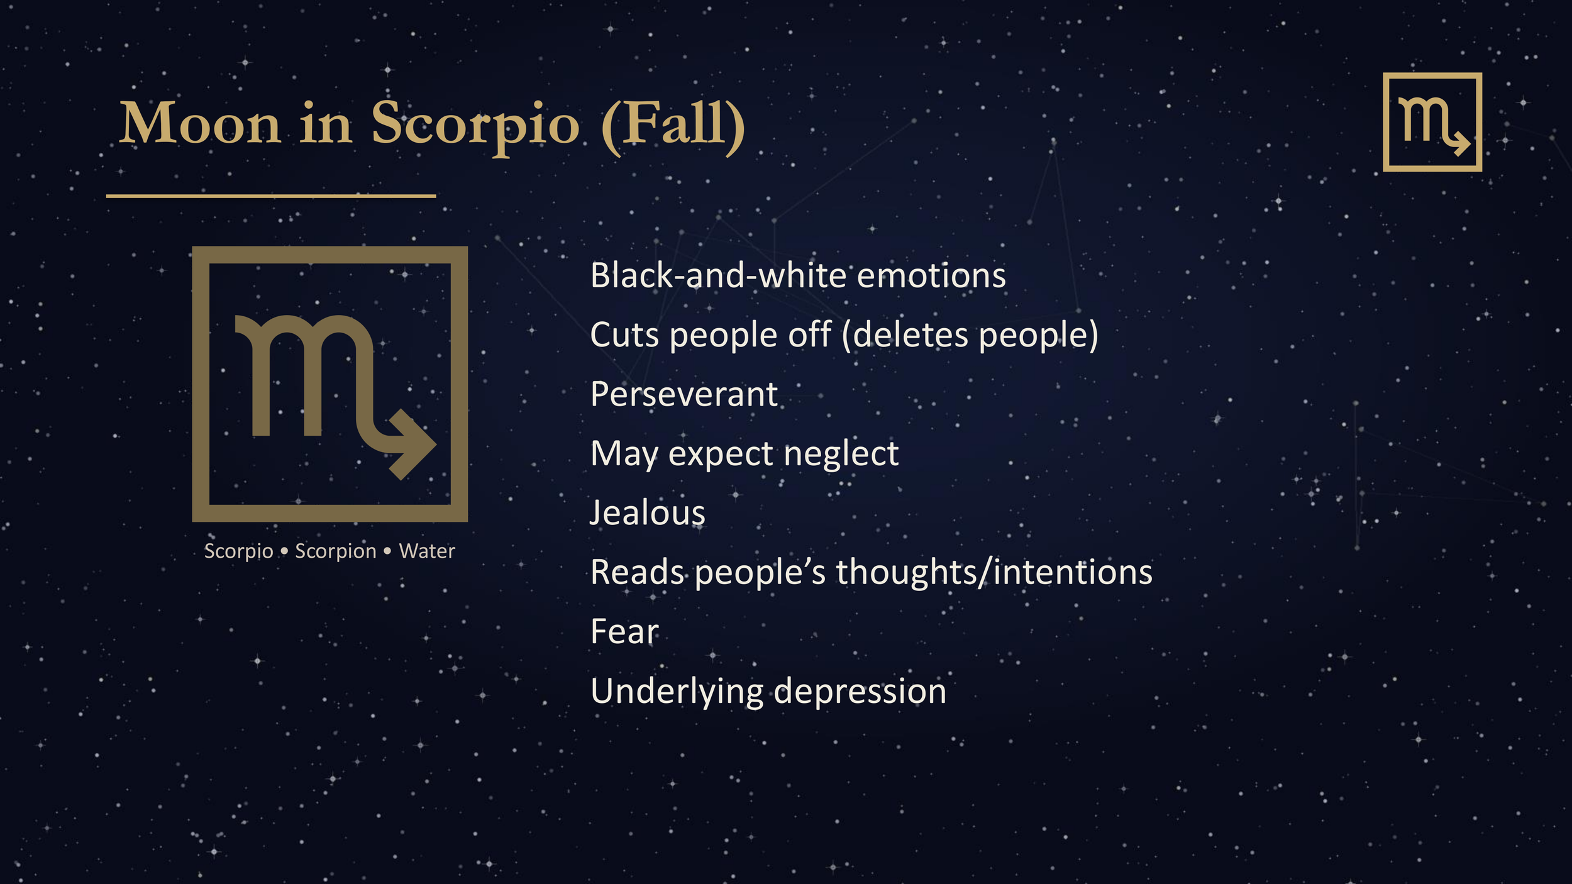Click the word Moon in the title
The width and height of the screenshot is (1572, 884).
[x=199, y=124]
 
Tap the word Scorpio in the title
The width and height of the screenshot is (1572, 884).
[x=475, y=124]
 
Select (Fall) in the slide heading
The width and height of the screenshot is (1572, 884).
[x=673, y=124]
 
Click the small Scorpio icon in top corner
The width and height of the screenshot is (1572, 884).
[x=1432, y=122]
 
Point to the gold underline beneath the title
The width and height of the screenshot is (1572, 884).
[x=270, y=196]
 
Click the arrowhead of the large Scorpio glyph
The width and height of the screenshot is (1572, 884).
[x=412, y=445]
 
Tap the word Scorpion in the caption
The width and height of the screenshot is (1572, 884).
[x=336, y=551]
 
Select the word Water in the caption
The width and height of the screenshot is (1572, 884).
[x=426, y=551]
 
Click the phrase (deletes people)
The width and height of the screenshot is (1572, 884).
[x=970, y=335]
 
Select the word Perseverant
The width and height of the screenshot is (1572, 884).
[x=684, y=395]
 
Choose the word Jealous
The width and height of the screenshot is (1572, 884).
[x=648, y=513]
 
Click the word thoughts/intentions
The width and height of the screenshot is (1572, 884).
[x=994, y=573]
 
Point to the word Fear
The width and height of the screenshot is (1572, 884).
[x=624, y=632]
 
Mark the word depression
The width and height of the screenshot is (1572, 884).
[x=860, y=692]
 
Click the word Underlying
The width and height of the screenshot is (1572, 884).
[x=677, y=692]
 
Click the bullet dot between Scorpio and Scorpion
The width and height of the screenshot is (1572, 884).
[x=284, y=551]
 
